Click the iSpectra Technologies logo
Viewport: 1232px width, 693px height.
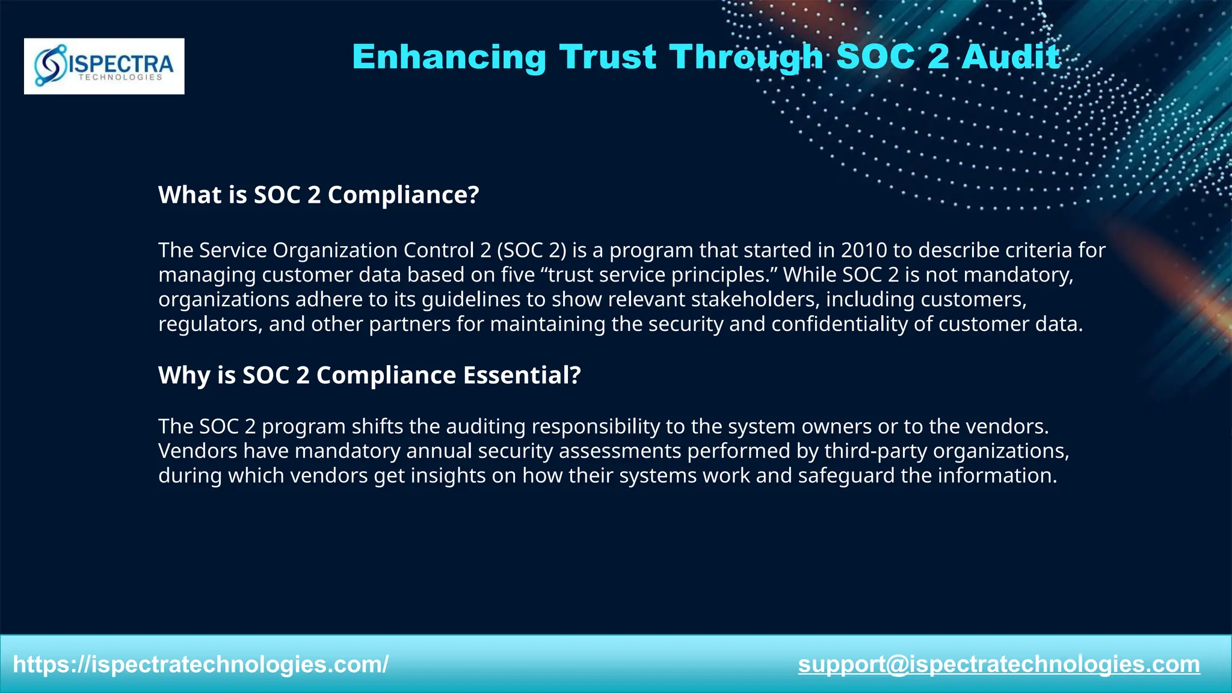[104, 66]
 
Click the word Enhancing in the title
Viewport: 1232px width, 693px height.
[449, 57]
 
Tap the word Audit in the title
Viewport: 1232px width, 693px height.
[1010, 57]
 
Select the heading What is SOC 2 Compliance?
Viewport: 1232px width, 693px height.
[318, 195]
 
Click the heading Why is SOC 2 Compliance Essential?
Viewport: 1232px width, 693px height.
[369, 375]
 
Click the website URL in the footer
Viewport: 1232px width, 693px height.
[200, 665]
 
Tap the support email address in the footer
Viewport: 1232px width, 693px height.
[999, 665]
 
